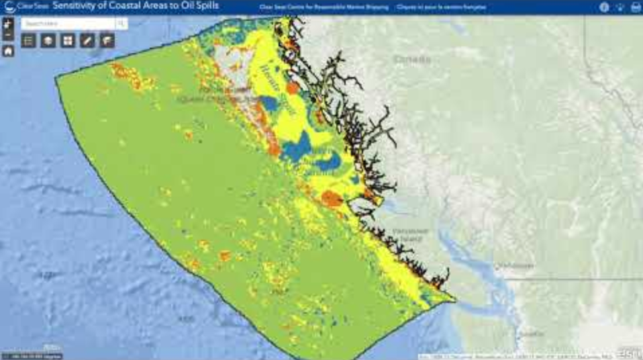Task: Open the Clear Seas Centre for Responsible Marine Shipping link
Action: (x=323, y=7)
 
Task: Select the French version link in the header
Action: (x=441, y=7)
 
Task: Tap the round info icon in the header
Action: (x=603, y=7)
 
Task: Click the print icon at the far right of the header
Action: (x=635, y=7)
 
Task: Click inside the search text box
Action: (x=67, y=24)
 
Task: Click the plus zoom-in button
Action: (x=8, y=23)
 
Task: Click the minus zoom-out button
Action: (x=8, y=34)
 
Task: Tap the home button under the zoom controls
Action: (x=8, y=51)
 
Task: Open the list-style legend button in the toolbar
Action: (x=28, y=41)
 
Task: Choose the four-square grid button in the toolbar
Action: (x=68, y=41)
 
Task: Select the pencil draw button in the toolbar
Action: (x=87, y=41)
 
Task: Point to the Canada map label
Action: (x=412, y=60)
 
